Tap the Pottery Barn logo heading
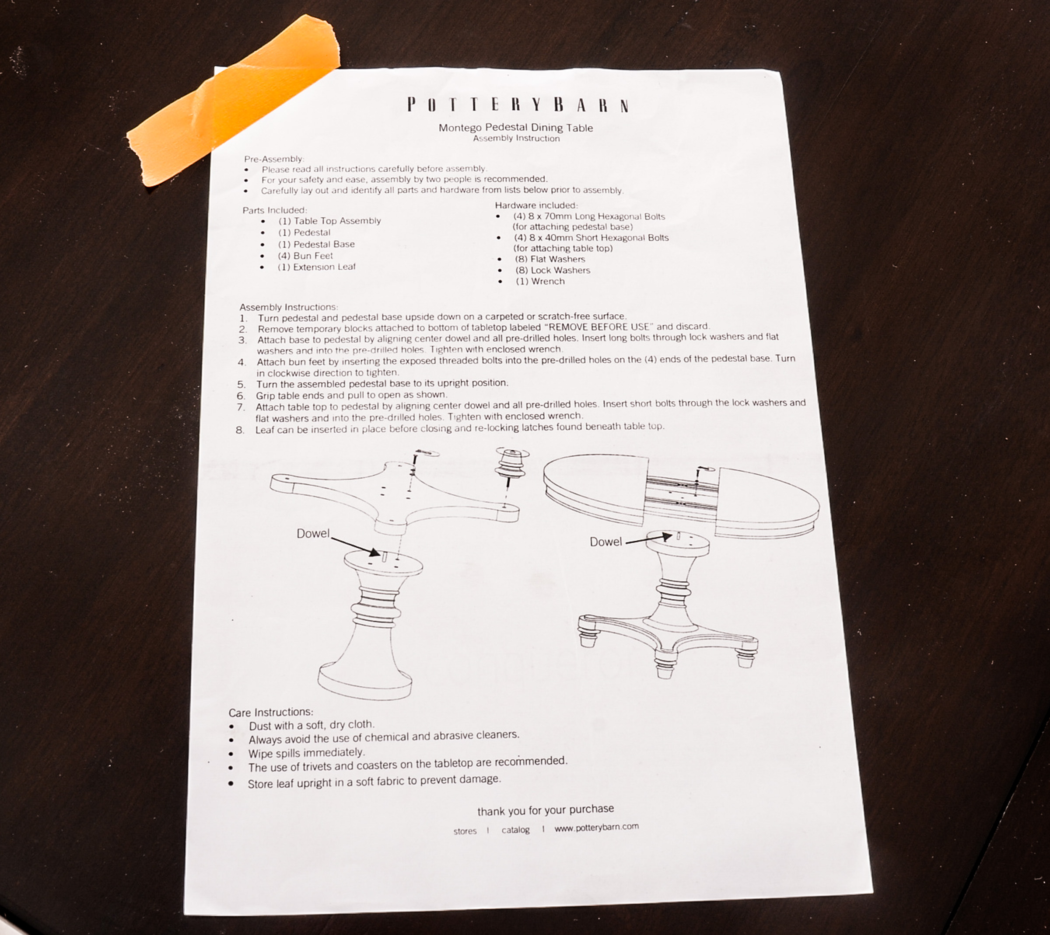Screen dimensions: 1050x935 point(518,105)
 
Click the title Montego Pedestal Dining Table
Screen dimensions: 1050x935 point(516,127)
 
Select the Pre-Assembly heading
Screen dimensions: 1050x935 point(274,159)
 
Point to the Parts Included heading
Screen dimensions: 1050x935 point(275,210)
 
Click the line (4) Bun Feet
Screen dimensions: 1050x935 point(305,255)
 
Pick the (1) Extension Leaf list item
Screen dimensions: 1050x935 point(316,267)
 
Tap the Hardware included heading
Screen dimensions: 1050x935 point(536,205)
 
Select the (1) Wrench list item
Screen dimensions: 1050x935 point(540,281)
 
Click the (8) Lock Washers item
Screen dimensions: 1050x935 point(553,270)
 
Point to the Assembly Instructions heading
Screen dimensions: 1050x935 point(288,307)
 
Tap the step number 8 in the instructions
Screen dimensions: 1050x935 point(240,430)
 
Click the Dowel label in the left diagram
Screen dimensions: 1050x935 point(313,533)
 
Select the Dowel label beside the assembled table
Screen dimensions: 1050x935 point(606,542)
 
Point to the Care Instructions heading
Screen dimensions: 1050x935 point(270,713)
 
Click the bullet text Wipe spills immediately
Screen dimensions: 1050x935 point(306,753)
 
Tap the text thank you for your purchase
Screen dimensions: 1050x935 point(546,810)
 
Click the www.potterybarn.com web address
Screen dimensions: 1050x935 point(596,827)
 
